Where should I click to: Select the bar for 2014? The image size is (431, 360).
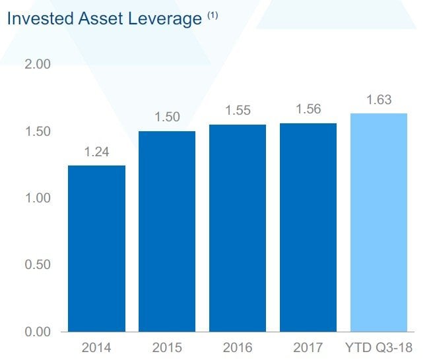96,248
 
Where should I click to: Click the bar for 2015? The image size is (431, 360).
167,231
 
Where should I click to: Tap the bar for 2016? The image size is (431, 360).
238,227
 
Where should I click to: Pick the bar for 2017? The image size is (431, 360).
308,227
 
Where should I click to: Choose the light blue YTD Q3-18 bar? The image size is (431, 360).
379,222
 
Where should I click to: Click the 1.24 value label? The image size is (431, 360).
96,152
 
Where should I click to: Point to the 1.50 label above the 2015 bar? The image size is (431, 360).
167,117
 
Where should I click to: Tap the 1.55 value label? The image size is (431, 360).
238,111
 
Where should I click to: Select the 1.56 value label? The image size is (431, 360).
308,109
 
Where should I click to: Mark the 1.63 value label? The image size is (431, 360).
379,100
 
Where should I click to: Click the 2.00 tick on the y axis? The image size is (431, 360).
37,65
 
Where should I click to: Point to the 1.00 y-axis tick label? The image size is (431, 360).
37,198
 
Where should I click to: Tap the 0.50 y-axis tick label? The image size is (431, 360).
37,264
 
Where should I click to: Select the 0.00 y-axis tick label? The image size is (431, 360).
37,331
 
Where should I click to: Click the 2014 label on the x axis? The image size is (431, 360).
96,346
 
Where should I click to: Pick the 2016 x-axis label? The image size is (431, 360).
238,346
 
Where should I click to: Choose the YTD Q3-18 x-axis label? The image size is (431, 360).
379,346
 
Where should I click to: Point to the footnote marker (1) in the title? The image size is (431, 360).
213,16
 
